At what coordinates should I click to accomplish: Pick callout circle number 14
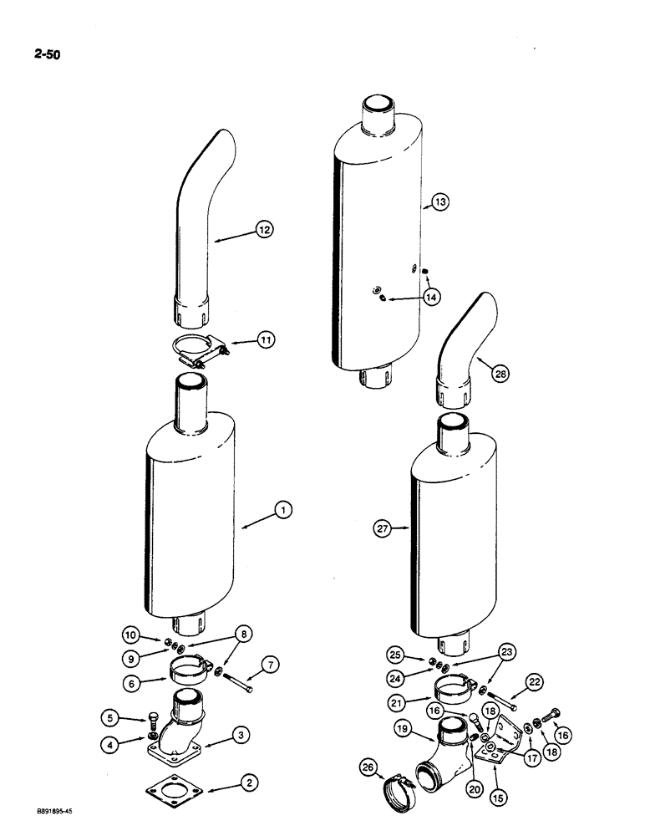coord(431,296)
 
